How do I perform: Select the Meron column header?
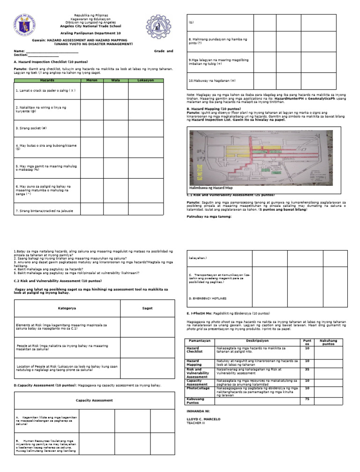click(91, 80)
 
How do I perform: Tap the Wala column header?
click(115, 80)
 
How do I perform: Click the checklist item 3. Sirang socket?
click(32, 128)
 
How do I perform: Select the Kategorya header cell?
click(67, 308)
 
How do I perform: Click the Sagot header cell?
click(147, 308)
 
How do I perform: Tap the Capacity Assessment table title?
click(94, 400)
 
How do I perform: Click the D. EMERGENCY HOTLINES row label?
click(207, 298)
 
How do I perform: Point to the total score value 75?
click(307, 399)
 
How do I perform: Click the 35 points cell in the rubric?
click(307, 370)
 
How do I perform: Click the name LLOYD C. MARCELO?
click(203, 419)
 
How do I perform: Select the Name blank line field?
click(52, 51)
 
